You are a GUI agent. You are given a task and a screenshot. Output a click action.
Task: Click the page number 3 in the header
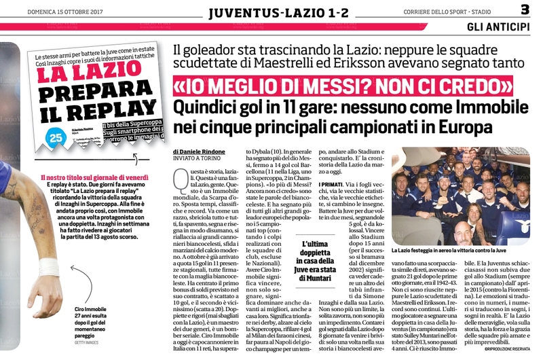525,10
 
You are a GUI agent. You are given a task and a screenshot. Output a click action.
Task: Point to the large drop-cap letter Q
181,181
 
